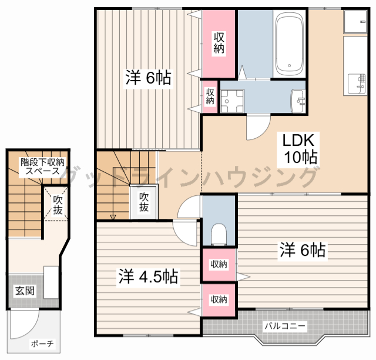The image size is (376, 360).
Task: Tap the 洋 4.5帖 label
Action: pyautogui.click(x=148, y=276)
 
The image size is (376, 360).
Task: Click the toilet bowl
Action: pyautogui.click(x=219, y=234)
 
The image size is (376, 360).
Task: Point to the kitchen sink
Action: pyautogui.click(x=357, y=84)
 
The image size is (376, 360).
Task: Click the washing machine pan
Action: pyautogui.click(x=232, y=101)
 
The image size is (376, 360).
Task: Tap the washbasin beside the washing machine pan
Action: pyautogui.click(x=298, y=101)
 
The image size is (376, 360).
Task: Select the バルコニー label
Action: pyautogui.click(x=285, y=326)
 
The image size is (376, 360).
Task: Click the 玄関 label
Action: pyautogui.click(x=25, y=291)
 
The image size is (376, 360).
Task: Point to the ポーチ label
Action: pyautogui.click(x=42, y=344)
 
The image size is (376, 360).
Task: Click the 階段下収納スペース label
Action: pyautogui.click(x=42, y=166)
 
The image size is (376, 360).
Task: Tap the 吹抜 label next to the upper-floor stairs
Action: pyautogui.click(x=144, y=202)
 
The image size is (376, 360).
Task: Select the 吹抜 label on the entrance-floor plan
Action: pyautogui.click(x=58, y=205)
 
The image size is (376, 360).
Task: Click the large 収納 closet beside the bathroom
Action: pyautogui.click(x=219, y=44)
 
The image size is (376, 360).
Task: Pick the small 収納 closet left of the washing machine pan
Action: pyautogui.click(x=210, y=96)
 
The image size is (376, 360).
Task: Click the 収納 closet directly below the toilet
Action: pyautogui.click(x=219, y=264)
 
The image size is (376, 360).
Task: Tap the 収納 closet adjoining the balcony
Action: pyautogui.click(x=219, y=300)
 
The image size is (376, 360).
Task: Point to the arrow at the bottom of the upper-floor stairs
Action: pyautogui.click(x=113, y=217)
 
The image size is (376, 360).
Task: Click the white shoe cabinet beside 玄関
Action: pyautogui.click(x=51, y=282)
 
